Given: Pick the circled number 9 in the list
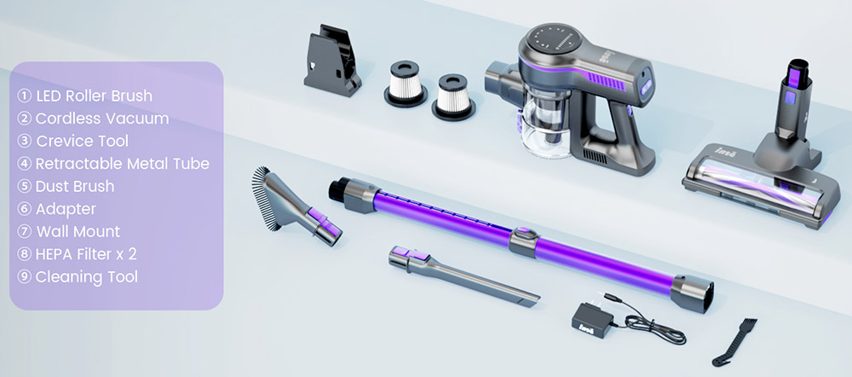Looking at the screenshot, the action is [x=24, y=276].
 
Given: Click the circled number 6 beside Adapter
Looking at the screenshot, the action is [x=24, y=209].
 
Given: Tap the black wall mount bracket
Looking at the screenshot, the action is [x=331, y=61].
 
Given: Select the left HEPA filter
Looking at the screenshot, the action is [x=406, y=84].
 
